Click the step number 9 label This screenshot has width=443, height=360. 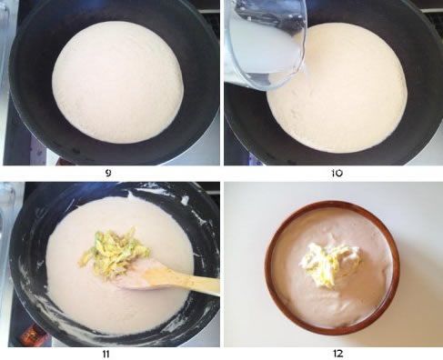[x=108, y=173]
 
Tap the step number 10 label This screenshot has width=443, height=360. [x=337, y=173]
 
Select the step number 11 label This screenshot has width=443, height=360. [x=106, y=354]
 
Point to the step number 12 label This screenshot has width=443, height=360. [x=337, y=354]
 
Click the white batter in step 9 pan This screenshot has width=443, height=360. [x=117, y=82]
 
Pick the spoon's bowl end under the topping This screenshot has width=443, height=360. [x=134, y=277]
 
